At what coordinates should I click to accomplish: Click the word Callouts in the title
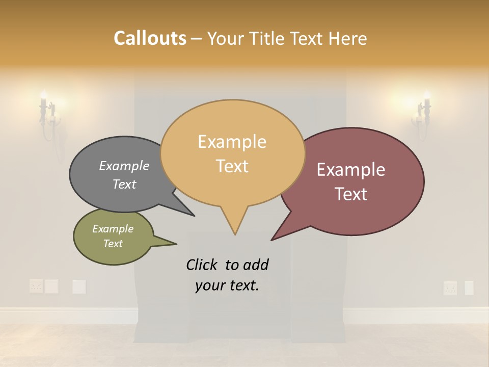coord(150,38)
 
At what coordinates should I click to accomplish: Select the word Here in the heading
coord(347,39)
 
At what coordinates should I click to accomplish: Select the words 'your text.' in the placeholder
coord(227,285)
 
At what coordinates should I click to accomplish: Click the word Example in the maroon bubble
coord(350,170)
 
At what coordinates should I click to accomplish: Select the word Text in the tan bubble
coord(232,166)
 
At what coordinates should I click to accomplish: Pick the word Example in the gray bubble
coord(124,166)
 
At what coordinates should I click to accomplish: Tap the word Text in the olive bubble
coord(113,244)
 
